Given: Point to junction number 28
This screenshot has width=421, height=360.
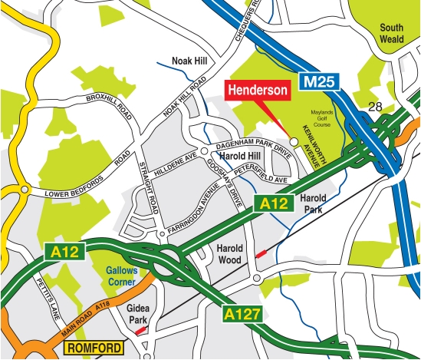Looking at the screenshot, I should pos(374,107).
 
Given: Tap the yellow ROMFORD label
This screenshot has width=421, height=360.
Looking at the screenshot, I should pos(94,348).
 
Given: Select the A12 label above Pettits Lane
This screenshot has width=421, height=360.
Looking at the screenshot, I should pos(61,250).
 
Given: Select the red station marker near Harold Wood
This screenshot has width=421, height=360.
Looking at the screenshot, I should pos(261,253).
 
